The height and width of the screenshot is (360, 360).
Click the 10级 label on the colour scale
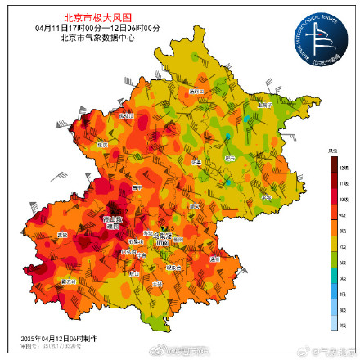tap(344, 199)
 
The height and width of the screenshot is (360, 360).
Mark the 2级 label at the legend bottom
tap(344, 326)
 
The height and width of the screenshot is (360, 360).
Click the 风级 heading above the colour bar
tap(333, 151)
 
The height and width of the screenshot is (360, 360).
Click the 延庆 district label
tap(103, 145)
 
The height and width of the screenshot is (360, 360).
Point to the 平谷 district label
tap(263, 197)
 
